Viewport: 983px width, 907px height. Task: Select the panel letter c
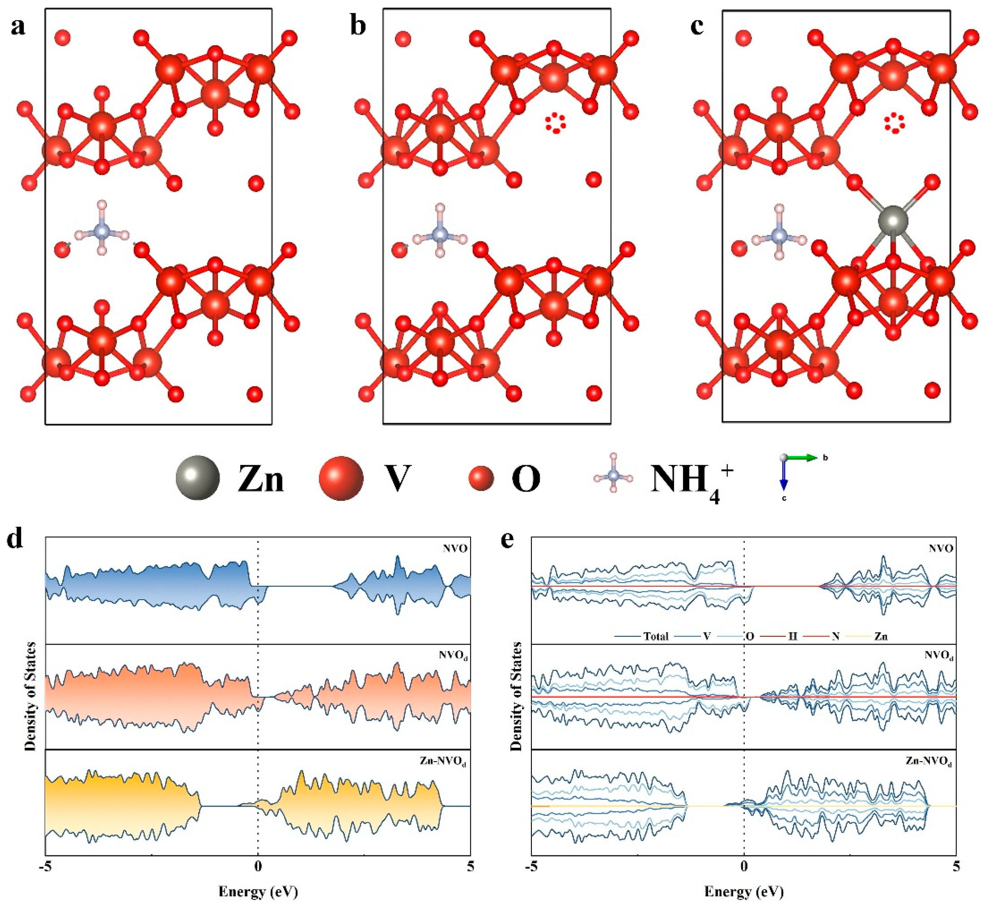[697, 27]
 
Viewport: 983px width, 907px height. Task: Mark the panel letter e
[507, 540]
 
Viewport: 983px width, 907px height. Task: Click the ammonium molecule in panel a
[102, 229]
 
